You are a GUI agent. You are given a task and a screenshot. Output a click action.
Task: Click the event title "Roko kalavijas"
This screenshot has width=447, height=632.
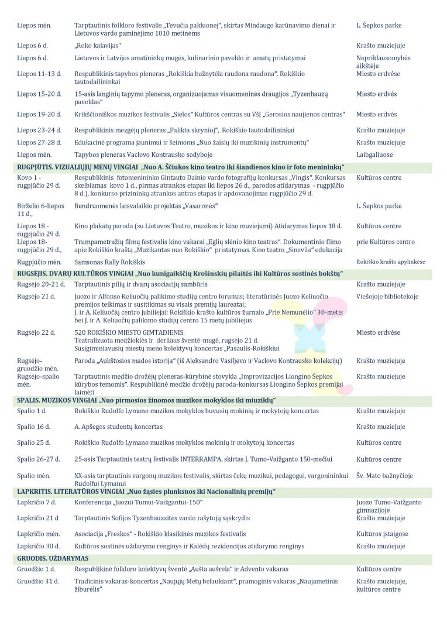click(x=97, y=46)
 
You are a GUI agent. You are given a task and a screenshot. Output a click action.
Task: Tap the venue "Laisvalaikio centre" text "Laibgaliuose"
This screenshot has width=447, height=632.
click(x=374, y=155)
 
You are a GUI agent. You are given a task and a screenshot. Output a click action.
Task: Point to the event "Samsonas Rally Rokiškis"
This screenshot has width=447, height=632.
click(x=109, y=262)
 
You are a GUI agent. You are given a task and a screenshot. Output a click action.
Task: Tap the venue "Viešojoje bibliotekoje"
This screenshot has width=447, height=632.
click(x=387, y=297)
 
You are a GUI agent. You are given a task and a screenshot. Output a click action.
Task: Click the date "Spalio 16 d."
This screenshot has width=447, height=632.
click(x=34, y=427)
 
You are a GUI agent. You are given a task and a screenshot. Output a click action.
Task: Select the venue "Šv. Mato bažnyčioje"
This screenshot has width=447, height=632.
click(x=384, y=476)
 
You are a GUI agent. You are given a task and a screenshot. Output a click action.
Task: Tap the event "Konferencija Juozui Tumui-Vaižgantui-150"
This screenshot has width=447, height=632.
click(x=138, y=503)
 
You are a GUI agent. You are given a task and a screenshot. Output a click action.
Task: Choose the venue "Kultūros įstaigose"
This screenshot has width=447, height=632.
click(x=382, y=534)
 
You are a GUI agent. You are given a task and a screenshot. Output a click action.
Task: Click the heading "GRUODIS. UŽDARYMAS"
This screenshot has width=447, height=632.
click(x=53, y=558)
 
